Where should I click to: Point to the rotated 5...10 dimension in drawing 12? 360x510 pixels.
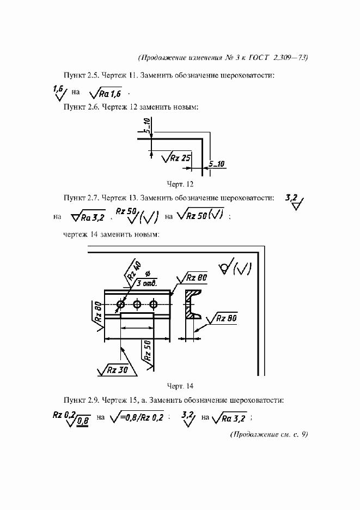(x=147, y=126)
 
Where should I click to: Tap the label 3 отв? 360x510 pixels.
(x=148, y=284)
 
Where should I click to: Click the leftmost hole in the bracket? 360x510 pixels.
(x=120, y=303)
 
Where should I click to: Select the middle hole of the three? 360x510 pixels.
(x=137, y=303)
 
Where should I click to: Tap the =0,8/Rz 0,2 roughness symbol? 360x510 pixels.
(x=137, y=418)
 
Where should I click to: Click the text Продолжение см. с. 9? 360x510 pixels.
(x=270, y=434)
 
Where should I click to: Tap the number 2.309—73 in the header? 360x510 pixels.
(x=291, y=56)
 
